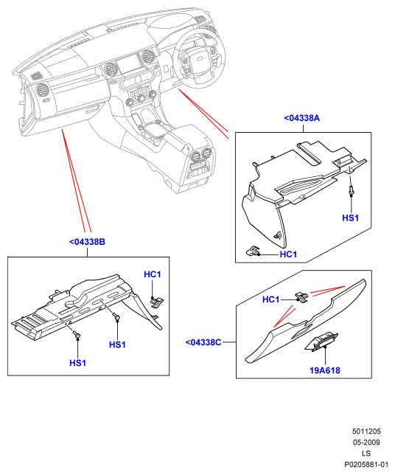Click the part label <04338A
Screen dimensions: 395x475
click(x=301, y=118)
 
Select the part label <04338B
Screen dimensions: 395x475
click(x=87, y=242)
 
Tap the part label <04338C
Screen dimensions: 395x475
click(x=203, y=342)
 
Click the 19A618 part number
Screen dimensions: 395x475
click(x=325, y=370)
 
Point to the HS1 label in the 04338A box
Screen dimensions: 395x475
click(x=351, y=218)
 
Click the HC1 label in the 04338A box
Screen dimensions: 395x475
click(x=288, y=254)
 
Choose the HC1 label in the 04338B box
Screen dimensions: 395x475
click(x=153, y=274)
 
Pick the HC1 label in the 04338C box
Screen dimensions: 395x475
click(x=271, y=299)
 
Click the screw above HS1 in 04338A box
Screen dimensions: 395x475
click(x=351, y=190)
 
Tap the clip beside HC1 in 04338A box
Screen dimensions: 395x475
click(x=253, y=250)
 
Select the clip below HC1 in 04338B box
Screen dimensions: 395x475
click(x=157, y=302)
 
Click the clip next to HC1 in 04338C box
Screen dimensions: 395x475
click(x=301, y=297)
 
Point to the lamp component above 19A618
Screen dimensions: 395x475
click(x=321, y=342)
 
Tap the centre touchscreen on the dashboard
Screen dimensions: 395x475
click(x=129, y=65)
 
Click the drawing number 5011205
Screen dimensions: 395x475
click(x=366, y=431)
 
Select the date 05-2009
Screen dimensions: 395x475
click(x=366, y=443)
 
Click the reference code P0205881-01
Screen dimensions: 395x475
click(x=366, y=465)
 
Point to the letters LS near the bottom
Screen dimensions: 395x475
click(x=366, y=454)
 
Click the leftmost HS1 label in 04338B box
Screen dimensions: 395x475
click(x=78, y=363)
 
